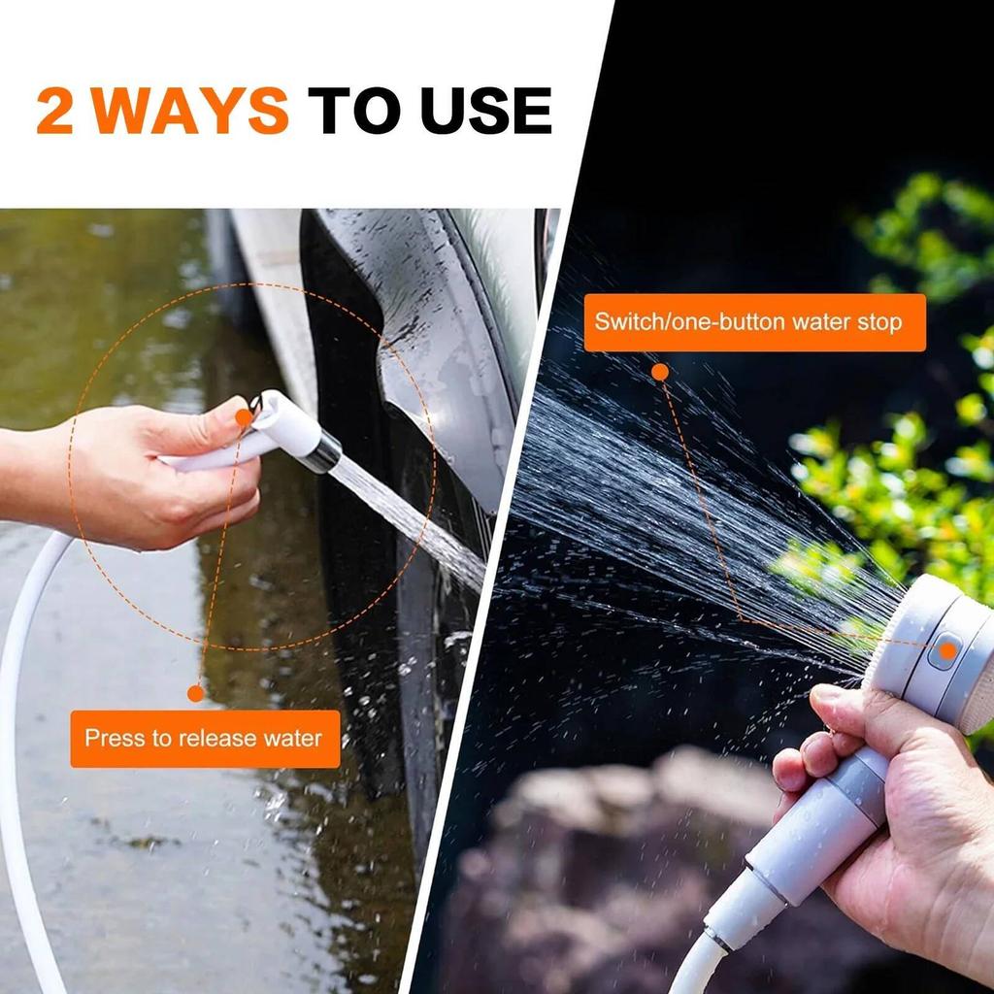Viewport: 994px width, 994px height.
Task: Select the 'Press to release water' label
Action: (x=204, y=739)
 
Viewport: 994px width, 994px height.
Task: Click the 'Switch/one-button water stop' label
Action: (x=754, y=322)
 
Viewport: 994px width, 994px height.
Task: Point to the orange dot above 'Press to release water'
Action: (x=196, y=693)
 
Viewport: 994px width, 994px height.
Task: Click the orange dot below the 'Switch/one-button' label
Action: (x=660, y=371)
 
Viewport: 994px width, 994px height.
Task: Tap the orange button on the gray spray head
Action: (x=944, y=649)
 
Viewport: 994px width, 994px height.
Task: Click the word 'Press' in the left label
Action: (x=114, y=739)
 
